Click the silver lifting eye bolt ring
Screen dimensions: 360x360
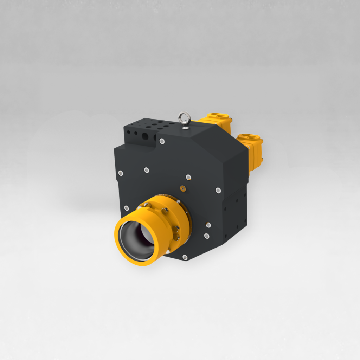(x=185, y=117)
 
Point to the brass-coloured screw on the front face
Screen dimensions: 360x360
(x=182, y=189)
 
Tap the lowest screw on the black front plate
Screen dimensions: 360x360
(x=185, y=257)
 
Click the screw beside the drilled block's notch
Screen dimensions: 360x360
(x=162, y=141)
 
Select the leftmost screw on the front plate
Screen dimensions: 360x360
(x=121, y=173)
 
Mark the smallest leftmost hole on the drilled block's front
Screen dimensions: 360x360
(x=128, y=133)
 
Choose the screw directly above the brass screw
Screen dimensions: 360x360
(x=188, y=177)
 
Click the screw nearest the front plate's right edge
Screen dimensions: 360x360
(x=218, y=191)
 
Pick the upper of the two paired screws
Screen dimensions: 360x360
(x=208, y=225)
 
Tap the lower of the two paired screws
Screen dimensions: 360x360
(x=207, y=236)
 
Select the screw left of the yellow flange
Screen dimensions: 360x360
(x=126, y=208)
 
